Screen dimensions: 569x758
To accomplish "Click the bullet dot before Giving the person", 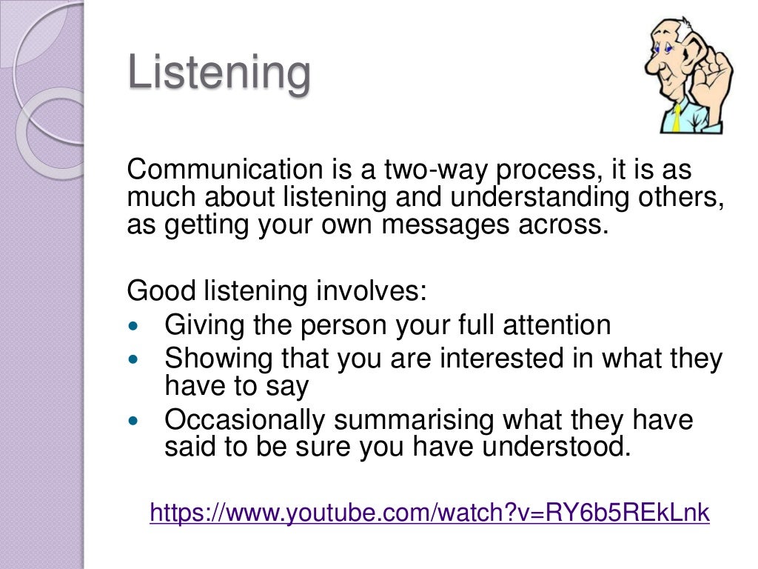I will tap(133, 326).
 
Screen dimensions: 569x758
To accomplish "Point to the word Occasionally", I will tap(244, 421).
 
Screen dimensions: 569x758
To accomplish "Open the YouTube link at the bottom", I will tap(429, 512).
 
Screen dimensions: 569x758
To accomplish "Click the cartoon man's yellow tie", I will tap(677, 119).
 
